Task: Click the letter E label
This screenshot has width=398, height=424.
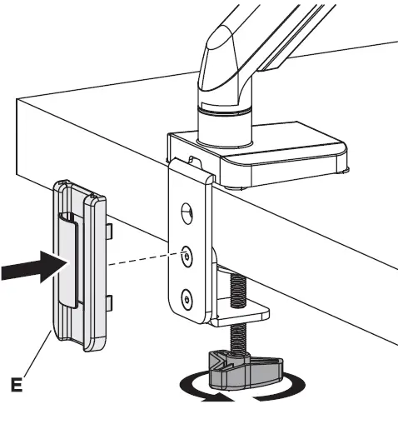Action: [17, 384]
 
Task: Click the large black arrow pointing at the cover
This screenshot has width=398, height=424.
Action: [35, 267]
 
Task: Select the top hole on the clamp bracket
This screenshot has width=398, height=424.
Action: [187, 212]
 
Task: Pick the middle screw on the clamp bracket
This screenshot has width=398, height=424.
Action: [187, 257]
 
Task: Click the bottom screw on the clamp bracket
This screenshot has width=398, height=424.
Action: [187, 300]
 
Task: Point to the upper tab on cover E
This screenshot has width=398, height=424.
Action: [109, 232]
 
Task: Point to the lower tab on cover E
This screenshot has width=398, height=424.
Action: [109, 303]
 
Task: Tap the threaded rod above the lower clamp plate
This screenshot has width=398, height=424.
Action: [238, 289]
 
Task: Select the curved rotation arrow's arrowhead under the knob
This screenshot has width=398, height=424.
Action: [217, 398]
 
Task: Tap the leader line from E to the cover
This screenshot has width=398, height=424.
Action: [37, 353]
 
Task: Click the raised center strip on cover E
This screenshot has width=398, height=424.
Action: [67, 260]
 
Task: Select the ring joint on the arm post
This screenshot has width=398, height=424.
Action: [225, 110]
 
